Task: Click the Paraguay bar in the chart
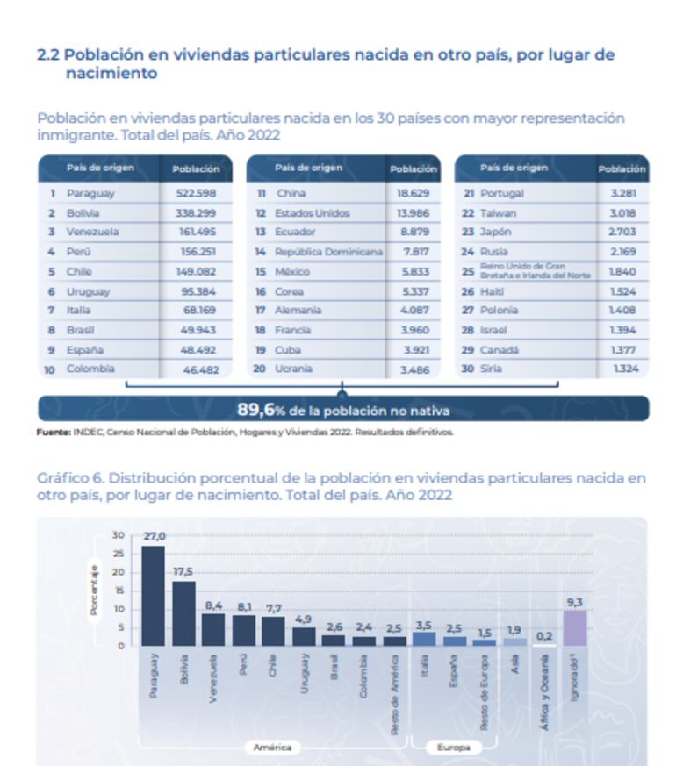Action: pyautogui.click(x=153, y=597)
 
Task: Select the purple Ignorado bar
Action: pyautogui.click(x=574, y=628)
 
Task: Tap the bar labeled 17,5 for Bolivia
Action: pyautogui.click(x=183, y=613)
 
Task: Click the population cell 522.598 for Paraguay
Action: pyautogui.click(x=196, y=193)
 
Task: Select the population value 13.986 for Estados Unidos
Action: pyautogui.click(x=409, y=213)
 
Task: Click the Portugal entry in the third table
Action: pyautogui.click(x=501, y=193)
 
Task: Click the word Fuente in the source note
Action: pyautogui.click(x=52, y=432)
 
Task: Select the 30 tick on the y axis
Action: pyautogui.click(x=119, y=535)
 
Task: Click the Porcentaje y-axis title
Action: pyautogui.click(x=94, y=590)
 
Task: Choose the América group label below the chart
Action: pyautogui.click(x=271, y=748)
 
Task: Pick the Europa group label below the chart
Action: pyautogui.click(x=453, y=748)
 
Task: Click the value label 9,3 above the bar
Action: pyautogui.click(x=574, y=603)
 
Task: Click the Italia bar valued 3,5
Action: pyautogui.click(x=423, y=639)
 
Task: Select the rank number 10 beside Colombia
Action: pyautogui.click(x=50, y=369)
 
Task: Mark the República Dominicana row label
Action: pyautogui.click(x=329, y=252)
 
